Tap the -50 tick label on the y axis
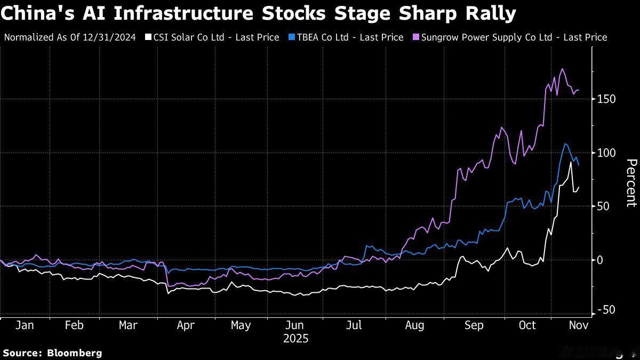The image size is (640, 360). [605, 310]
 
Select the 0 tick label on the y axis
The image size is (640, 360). [601, 260]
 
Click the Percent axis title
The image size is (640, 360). [631, 183]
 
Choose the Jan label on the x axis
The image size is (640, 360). [25, 325]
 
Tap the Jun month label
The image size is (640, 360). [295, 325]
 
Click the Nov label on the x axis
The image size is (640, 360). [579, 325]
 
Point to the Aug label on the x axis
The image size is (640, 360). [414, 325]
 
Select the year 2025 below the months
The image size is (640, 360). [295, 339]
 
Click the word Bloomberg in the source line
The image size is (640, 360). [74, 353]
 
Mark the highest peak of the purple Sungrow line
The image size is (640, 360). [562, 69]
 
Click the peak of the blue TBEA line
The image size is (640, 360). [565, 144]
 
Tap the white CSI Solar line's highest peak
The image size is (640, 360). [571, 162]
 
